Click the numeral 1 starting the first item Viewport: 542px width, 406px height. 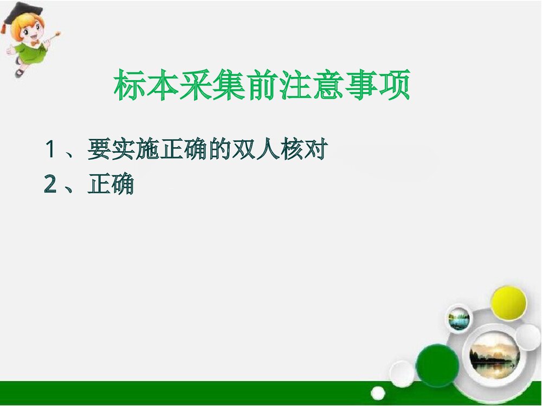pos(51,150)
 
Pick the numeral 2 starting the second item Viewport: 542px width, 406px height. pos(51,186)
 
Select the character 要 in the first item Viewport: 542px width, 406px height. pos(99,150)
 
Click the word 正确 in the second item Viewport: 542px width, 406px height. pos(111,186)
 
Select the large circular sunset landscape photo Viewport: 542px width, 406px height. pos(494,356)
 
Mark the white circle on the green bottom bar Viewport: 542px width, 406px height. pos(378,392)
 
